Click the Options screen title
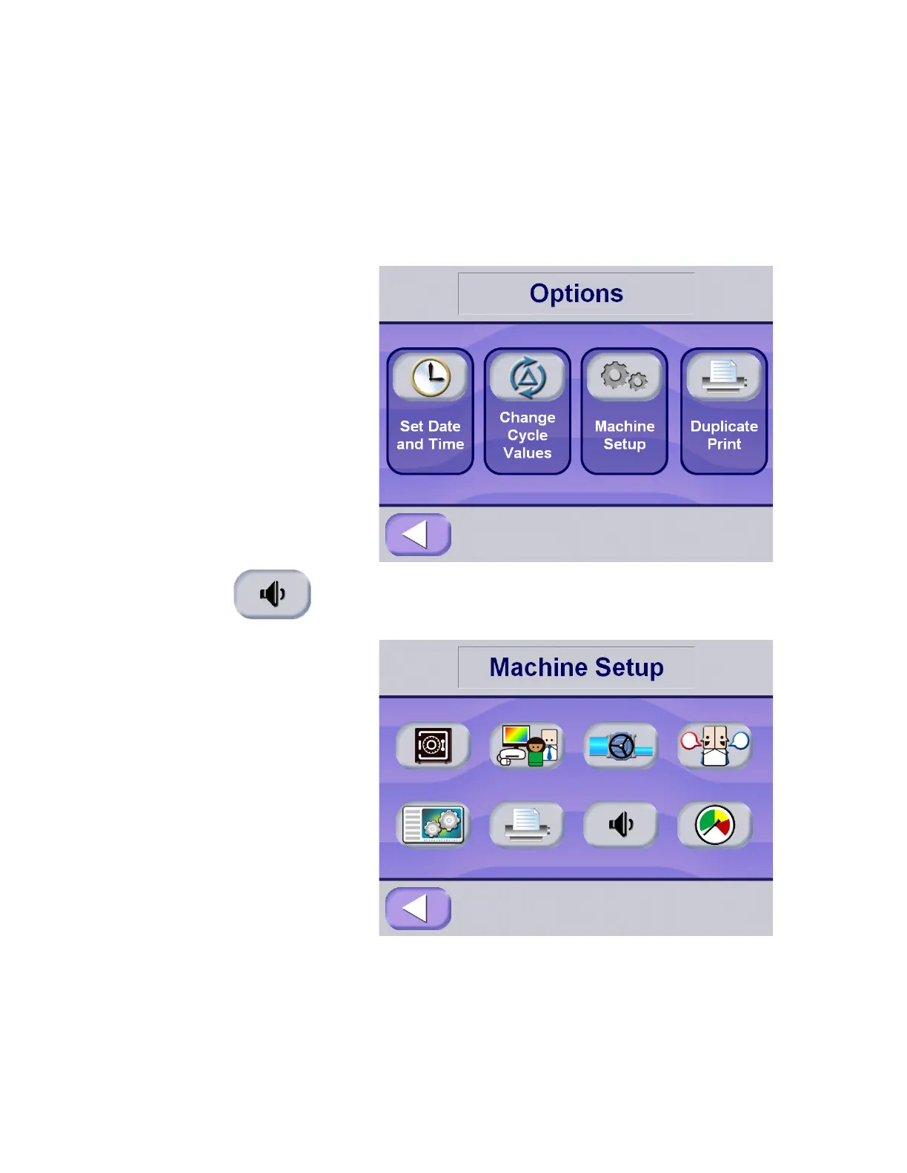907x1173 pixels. [576, 294]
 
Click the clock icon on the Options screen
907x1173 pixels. [431, 377]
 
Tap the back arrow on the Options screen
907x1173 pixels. [418, 534]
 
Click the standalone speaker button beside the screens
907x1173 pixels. [272, 594]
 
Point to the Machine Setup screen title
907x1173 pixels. [576, 667]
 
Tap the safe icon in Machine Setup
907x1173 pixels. [433, 745]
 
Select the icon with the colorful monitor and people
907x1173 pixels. [527, 745]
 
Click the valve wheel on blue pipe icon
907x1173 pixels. [621, 746]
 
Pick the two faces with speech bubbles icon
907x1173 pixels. [715, 745]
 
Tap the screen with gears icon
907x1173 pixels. [433, 824]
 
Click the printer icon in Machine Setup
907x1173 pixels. [527, 824]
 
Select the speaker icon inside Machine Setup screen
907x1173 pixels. [621, 824]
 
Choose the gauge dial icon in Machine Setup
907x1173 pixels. [715, 824]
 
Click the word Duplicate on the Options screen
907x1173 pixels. [724, 427]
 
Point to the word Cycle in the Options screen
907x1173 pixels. [528, 435]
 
